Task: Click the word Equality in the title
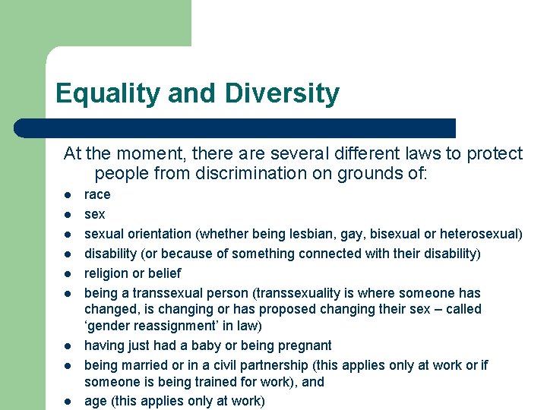click(x=108, y=94)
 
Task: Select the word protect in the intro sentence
click(x=496, y=154)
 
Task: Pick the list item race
click(x=97, y=194)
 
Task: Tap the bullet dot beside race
click(x=68, y=195)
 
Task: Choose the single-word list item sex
click(x=94, y=214)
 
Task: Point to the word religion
click(x=106, y=273)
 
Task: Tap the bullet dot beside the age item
click(x=68, y=402)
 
